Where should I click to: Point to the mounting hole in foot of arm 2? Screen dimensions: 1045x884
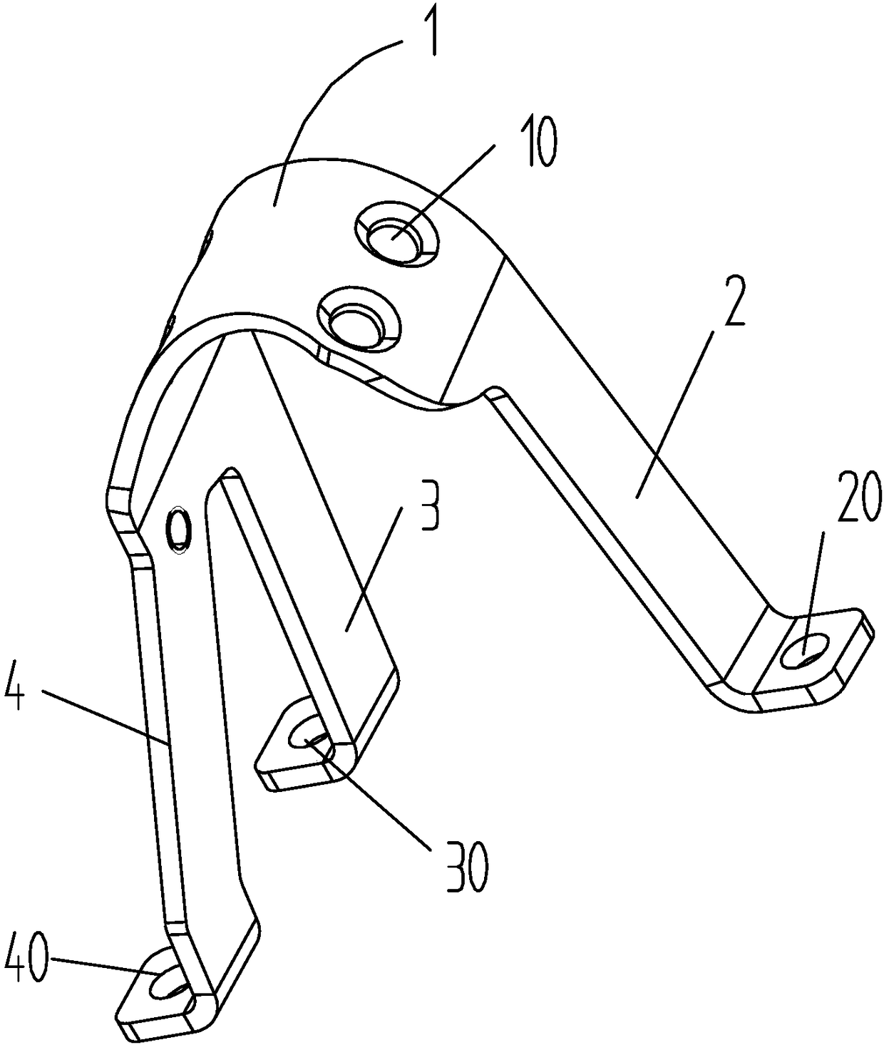click(x=804, y=649)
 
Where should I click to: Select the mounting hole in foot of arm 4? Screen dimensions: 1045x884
click(x=168, y=986)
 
